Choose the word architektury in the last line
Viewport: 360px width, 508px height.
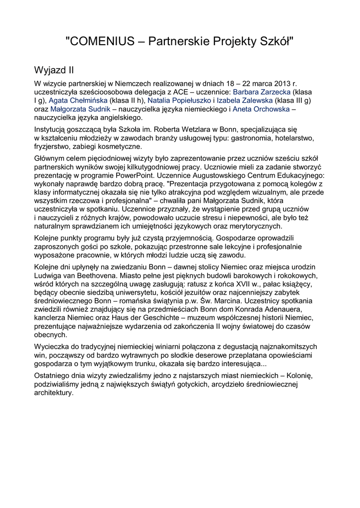pyautogui.click(x=54, y=392)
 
